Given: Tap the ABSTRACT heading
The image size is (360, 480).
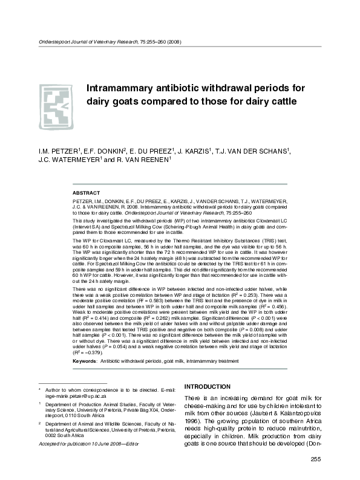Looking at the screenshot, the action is (x=86, y=192).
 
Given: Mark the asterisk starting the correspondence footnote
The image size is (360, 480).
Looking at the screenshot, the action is (x=40, y=386).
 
